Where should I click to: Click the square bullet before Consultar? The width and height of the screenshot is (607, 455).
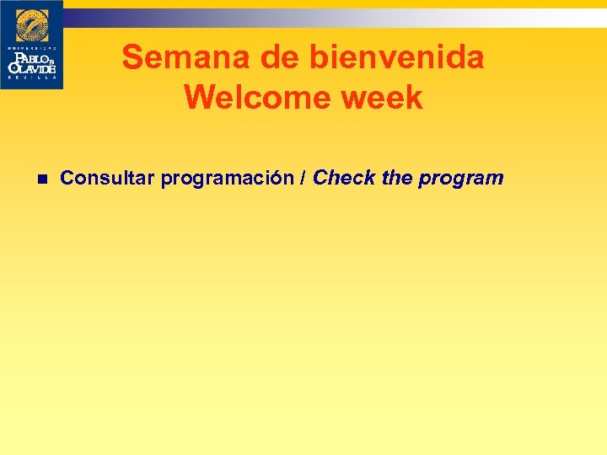click(x=40, y=179)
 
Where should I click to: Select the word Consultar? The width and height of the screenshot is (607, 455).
click(x=108, y=178)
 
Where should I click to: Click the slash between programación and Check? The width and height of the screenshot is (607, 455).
click(x=304, y=178)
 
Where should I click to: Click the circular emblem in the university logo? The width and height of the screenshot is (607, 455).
click(x=32, y=26)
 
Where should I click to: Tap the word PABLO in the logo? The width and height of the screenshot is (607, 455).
click(x=30, y=56)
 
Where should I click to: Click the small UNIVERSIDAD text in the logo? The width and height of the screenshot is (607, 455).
click(x=31, y=47)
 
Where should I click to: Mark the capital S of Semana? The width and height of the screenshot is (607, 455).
click(x=132, y=58)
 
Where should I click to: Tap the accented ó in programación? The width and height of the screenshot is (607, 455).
click(x=282, y=179)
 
